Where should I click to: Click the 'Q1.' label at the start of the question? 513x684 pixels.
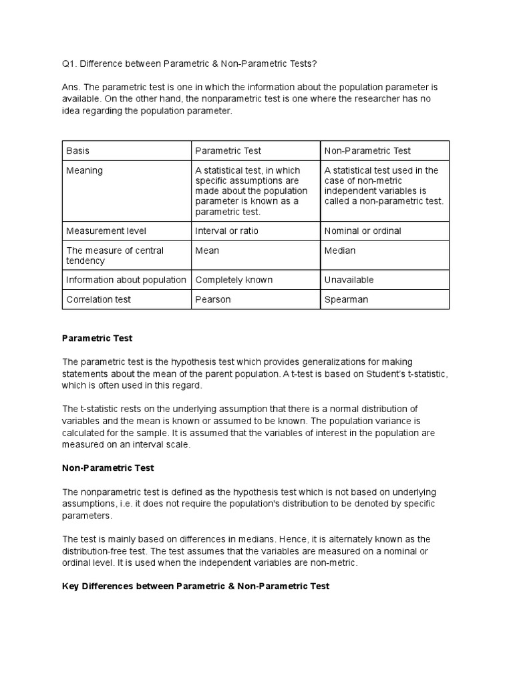pyautogui.click(x=70, y=63)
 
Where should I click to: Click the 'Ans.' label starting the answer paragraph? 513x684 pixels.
pyautogui.click(x=71, y=88)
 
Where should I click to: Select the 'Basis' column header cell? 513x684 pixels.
pyautogui.click(x=77, y=151)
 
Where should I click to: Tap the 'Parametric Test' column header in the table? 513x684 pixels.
pyautogui.click(x=228, y=151)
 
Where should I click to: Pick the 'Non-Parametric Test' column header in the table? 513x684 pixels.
pyautogui.click(x=367, y=151)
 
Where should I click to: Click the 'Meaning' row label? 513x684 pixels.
pyautogui.click(x=84, y=170)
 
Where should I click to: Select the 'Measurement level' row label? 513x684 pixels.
pyautogui.click(x=106, y=230)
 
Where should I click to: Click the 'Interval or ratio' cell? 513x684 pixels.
pyautogui.click(x=226, y=230)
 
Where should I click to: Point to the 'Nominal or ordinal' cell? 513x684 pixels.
pyautogui.click(x=363, y=230)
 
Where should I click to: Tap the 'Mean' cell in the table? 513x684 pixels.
pyautogui.click(x=207, y=250)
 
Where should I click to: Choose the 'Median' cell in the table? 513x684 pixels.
pyautogui.click(x=340, y=250)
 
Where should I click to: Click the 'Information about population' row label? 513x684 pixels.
pyautogui.click(x=126, y=280)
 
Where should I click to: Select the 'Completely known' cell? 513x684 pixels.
pyautogui.click(x=234, y=280)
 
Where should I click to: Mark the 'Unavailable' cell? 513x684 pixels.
pyautogui.click(x=349, y=280)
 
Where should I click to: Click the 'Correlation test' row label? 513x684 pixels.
pyautogui.click(x=98, y=299)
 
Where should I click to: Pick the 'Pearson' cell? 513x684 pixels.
pyautogui.click(x=213, y=299)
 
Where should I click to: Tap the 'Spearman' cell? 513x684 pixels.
pyautogui.click(x=346, y=299)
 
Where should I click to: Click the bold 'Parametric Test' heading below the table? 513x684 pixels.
pyautogui.click(x=98, y=339)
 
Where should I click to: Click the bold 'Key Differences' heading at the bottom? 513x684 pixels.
pyautogui.click(x=195, y=586)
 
